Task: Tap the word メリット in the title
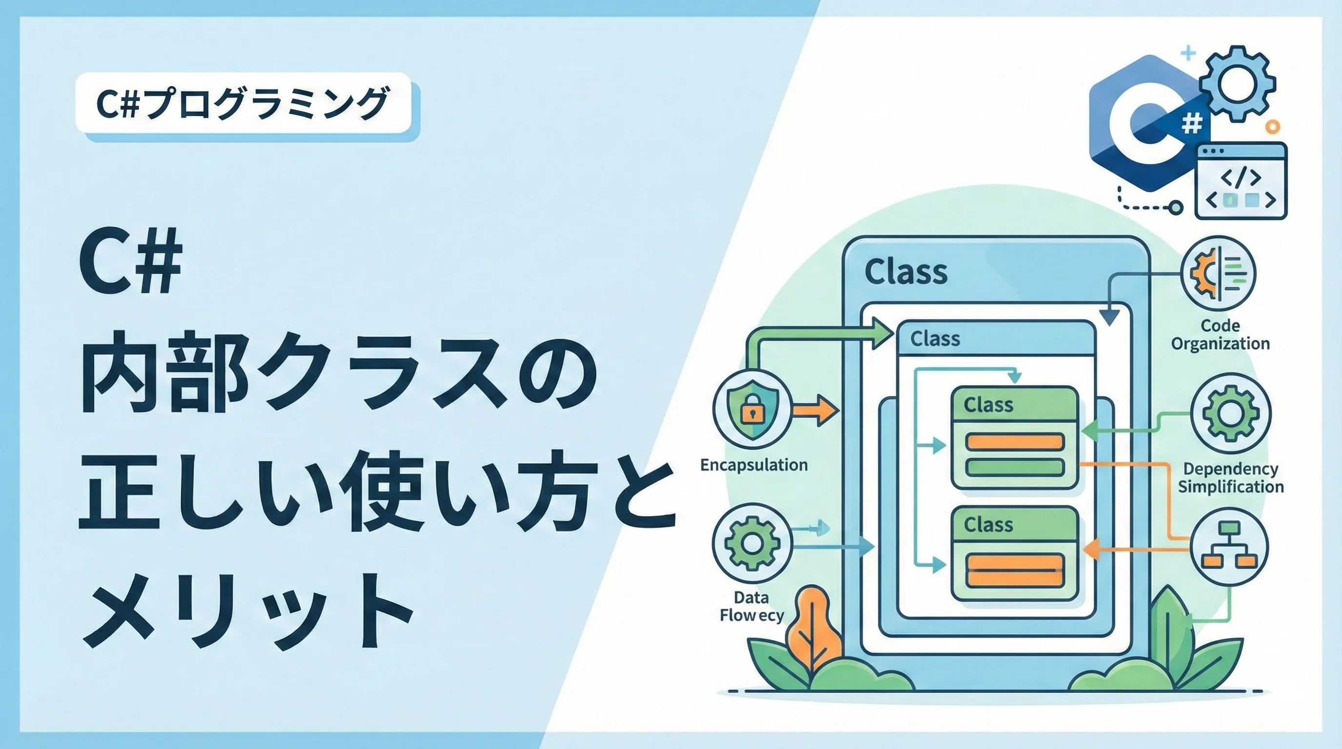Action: coord(247,611)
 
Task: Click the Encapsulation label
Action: coord(754,465)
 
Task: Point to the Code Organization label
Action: coord(1220,335)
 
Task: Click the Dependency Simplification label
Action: coord(1230,477)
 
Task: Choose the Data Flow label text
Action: coord(752,606)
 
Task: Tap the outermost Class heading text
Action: coord(906,272)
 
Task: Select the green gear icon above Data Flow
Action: coord(752,543)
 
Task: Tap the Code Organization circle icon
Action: coord(1218,274)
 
